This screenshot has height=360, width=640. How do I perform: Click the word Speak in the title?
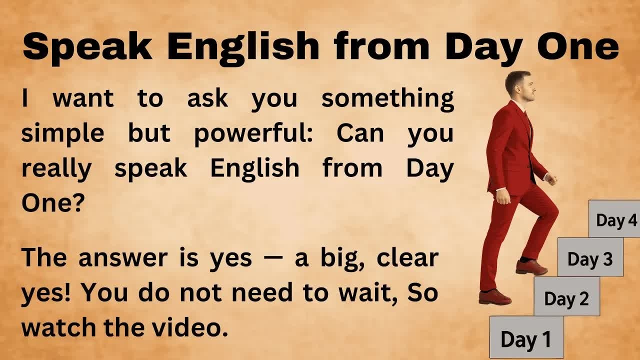click(87, 46)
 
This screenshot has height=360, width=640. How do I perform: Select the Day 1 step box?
click(526, 338)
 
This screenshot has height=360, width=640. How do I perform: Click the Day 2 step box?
click(566, 298)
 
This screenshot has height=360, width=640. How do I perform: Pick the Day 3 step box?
click(590, 258)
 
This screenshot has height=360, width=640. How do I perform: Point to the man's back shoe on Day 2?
click(494, 297)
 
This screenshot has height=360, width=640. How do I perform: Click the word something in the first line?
click(387, 98)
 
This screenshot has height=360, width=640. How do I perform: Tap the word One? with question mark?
click(52, 203)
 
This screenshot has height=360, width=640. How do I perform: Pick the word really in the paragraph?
click(56, 169)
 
